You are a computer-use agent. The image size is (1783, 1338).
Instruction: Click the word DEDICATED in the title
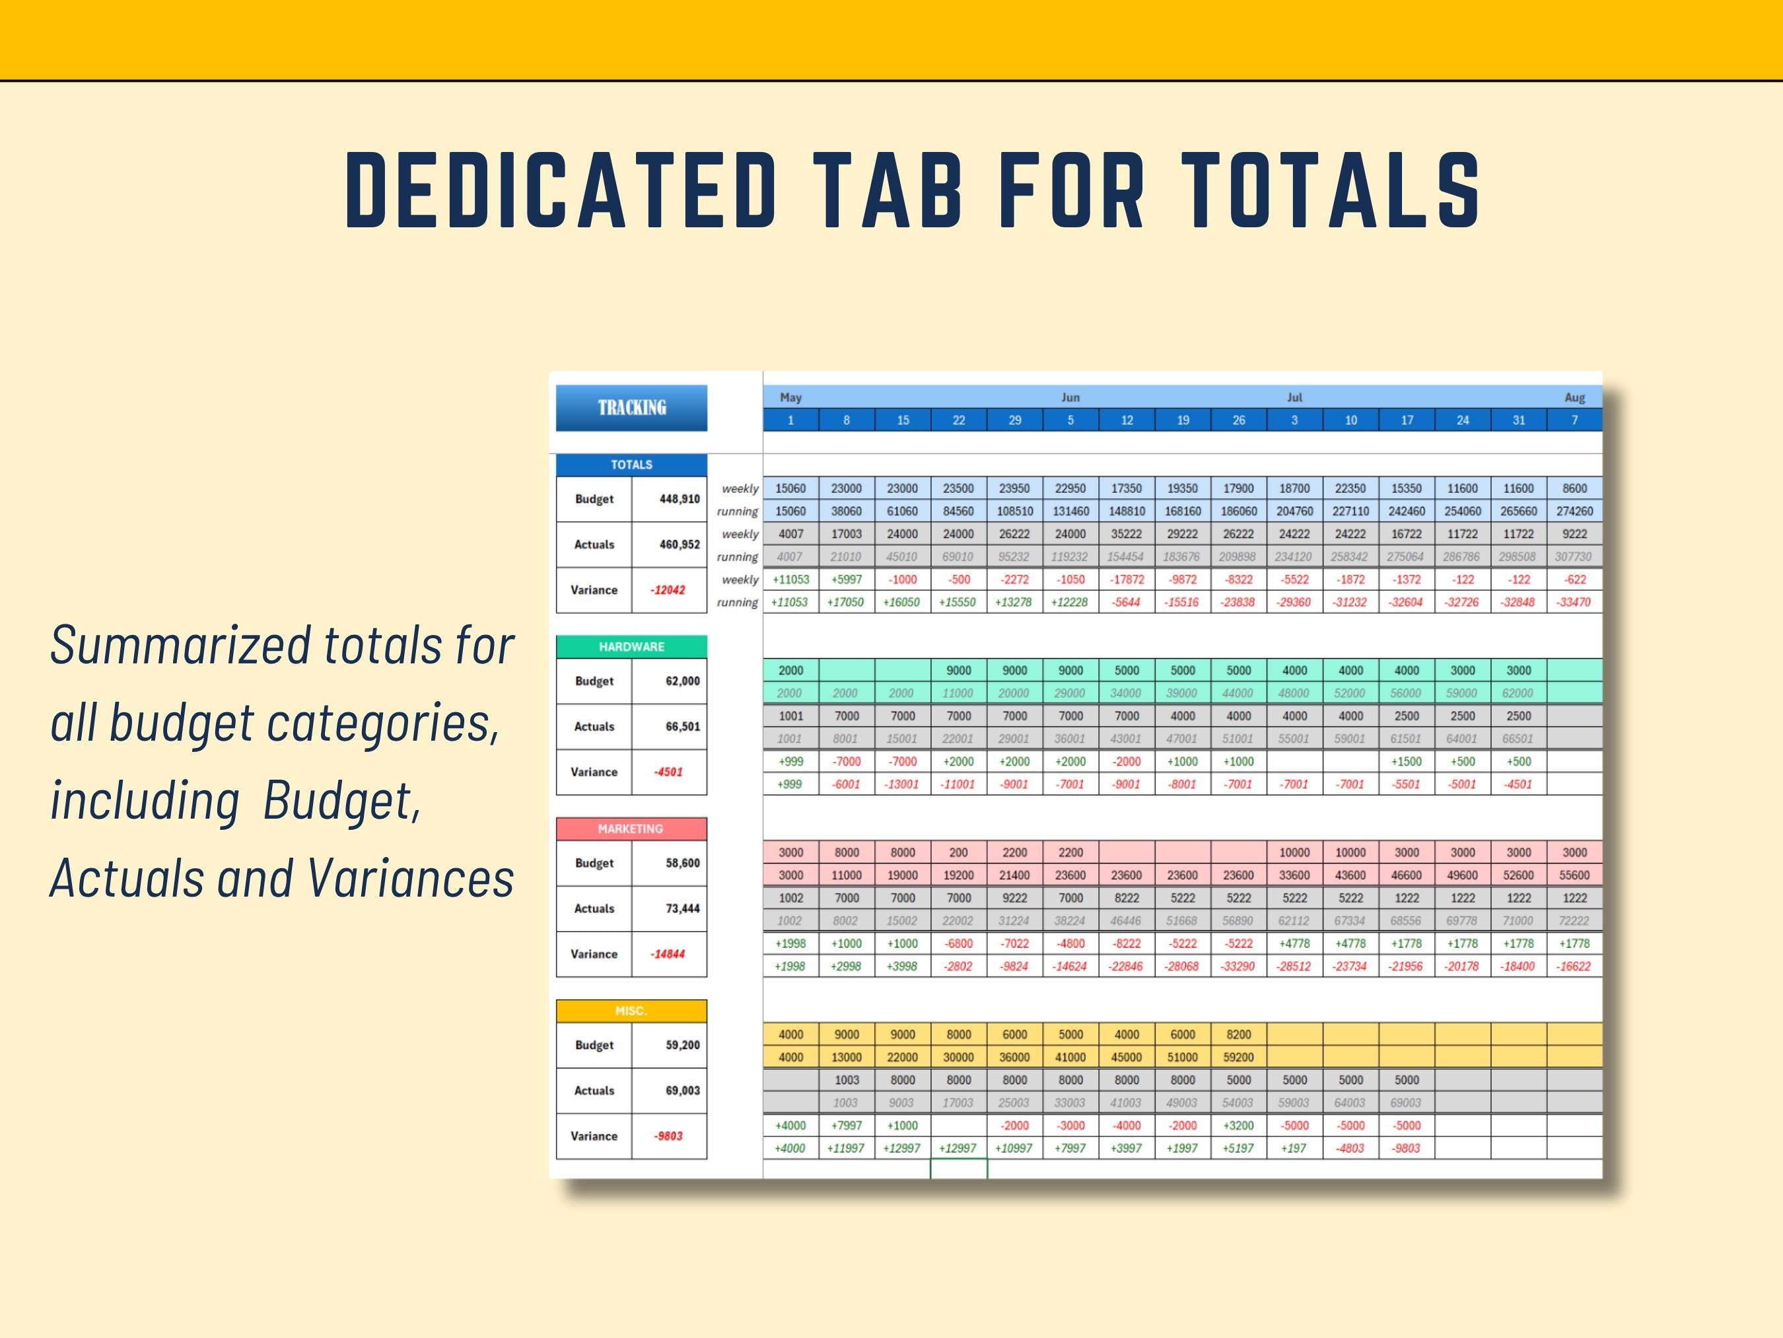[x=560, y=190]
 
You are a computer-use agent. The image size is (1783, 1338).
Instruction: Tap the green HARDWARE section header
[x=631, y=647]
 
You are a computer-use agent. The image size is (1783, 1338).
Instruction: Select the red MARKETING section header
[x=631, y=829]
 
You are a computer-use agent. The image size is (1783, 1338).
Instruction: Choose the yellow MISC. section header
[x=631, y=1010]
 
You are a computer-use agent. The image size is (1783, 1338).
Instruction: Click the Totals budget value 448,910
[x=680, y=500]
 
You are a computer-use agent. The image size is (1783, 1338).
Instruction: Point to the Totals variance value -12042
[x=668, y=590]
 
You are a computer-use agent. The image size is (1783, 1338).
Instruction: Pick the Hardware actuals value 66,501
[x=682, y=727]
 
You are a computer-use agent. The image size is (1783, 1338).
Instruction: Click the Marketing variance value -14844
[x=668, y=954]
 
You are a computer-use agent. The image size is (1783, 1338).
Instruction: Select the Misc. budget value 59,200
[x=682, y=1045]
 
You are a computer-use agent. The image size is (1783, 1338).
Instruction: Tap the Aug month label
[x=1574, y=398]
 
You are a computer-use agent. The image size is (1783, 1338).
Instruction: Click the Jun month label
[x=1070, y=398]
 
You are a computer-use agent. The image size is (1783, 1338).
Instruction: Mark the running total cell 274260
[x=1574, y=511]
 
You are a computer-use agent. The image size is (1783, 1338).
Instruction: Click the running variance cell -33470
[x=1574, y=603]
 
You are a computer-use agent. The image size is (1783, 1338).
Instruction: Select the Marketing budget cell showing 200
[x=958, y=852]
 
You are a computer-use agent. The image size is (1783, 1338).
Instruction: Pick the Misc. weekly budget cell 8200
[x=1238, y=1035]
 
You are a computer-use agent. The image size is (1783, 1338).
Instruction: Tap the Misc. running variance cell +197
[x=1294, y=1148]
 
